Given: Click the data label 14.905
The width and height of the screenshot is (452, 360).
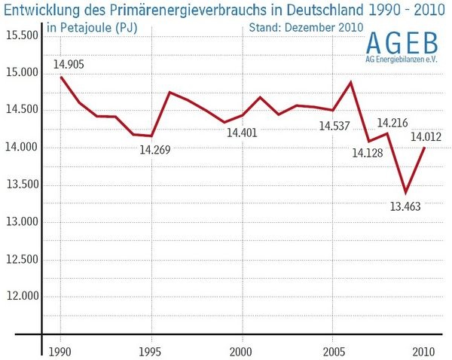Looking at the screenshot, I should [69, 64].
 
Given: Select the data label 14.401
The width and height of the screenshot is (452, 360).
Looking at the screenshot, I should [242, 133].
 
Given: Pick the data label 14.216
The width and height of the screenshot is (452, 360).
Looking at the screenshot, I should [392, 123].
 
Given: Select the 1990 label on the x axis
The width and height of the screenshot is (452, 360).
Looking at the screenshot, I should [61, 350].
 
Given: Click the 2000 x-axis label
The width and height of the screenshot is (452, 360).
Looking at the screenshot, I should [241, 350].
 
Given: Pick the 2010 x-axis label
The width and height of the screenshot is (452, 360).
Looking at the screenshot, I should [422, 350].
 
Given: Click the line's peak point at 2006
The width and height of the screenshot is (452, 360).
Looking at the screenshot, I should [351, 81].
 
